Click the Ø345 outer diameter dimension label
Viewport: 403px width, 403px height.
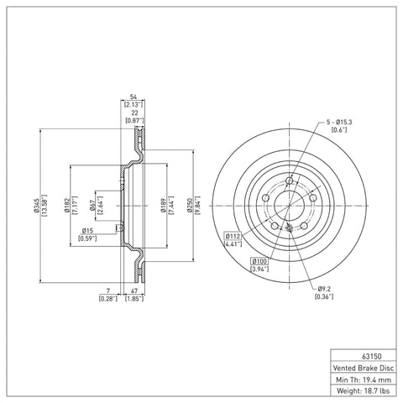tap(36, 206)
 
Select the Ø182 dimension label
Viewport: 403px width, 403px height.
tap(66, 206)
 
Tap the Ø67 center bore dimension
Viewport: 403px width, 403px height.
tap(92, 206)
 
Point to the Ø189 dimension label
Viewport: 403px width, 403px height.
tap(163, 206)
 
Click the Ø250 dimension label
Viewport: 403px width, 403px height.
tap(191, 206)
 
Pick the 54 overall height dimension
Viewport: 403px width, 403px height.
tap(133, 97)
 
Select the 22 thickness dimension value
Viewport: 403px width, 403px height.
tap(134, 113)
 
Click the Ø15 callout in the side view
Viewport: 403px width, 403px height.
tap(87, 231)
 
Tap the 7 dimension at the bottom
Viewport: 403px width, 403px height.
tap(108, 291)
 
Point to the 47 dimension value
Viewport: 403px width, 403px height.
tap(135, 291)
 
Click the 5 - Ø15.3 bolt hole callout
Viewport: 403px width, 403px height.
tap(339, 123)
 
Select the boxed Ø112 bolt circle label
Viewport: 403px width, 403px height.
tap(233, 236)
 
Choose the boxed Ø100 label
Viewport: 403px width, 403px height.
tap(259, 261)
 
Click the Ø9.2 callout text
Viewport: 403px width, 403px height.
tap(325, 288)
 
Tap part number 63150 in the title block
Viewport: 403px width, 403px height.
tap(372, 357)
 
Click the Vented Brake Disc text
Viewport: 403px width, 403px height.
tap(364, 368)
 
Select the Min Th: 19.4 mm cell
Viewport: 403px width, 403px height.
tap(364, 379)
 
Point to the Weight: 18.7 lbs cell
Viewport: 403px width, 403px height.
tap(364, 390)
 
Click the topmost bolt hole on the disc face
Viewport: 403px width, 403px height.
tap(290, 181)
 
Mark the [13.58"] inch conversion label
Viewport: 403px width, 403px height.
tap(44, 206)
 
